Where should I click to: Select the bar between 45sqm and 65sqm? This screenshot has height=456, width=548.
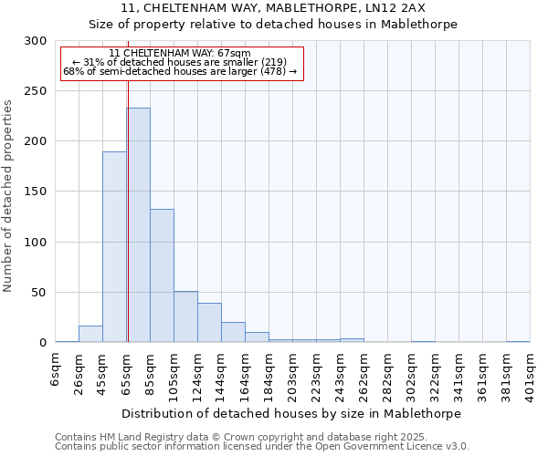(x=114, y=246)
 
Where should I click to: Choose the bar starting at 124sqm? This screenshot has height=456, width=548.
(x=209, y=323)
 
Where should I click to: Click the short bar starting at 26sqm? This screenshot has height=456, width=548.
(x=90, y=334)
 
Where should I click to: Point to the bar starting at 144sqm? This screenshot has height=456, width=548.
(x=233, y=332)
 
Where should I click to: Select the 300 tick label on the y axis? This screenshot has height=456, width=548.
(x=35, y=41)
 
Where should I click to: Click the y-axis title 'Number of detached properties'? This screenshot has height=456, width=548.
(x=8, y=196)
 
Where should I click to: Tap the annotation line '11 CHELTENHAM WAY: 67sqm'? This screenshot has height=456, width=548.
(x=179, y=54)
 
